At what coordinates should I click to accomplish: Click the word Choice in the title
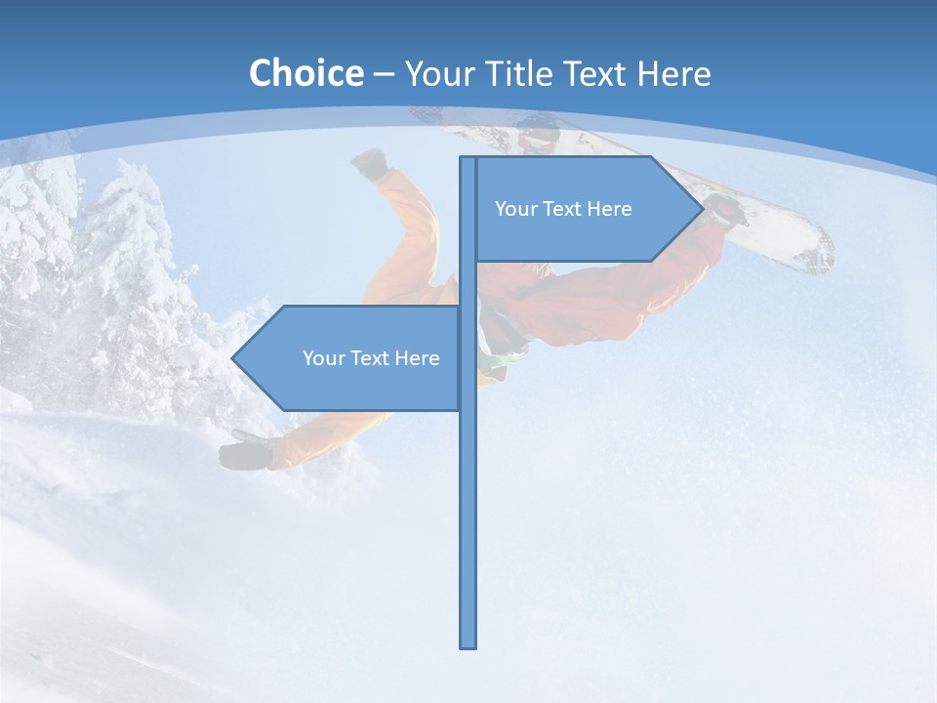tap(306, 73)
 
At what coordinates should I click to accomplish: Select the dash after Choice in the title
tap(384, 74)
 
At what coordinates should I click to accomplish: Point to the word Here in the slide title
tap(673, 73)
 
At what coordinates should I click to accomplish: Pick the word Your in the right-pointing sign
tap(514, 209)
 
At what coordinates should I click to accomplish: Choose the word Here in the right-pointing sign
tap(609, 209)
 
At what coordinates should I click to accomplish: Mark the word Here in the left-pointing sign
tap(417, 358)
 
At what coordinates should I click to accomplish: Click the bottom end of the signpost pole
tap(468, 644)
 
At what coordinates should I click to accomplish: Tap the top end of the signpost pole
tap(468, 159)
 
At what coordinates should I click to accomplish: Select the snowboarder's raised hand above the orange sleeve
tap(370, 163)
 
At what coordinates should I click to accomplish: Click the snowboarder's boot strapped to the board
tap(724, 208)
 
